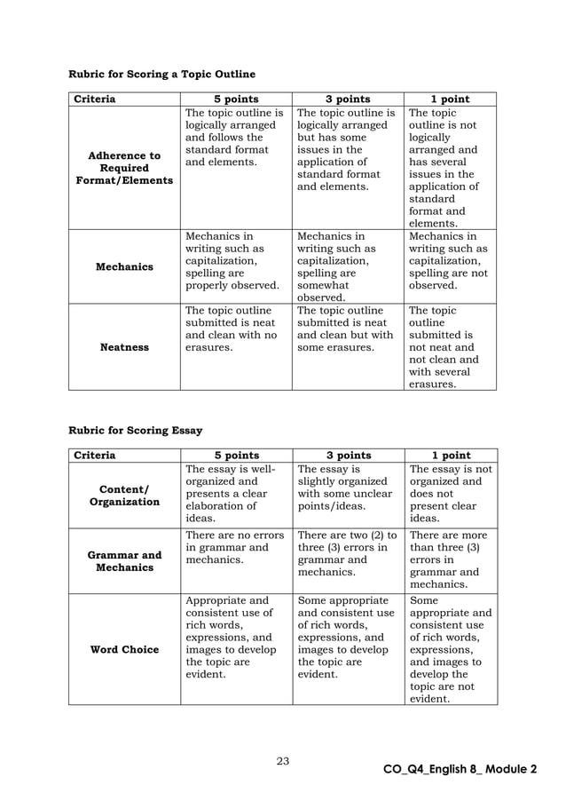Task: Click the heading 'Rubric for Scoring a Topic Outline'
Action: [x=161, y=74]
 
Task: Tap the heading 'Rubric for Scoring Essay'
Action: [x=136, y=431]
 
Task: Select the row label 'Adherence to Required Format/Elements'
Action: [x=124, y=168]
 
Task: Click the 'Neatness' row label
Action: [x=124, y=347]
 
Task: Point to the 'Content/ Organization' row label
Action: [x=124, y=495]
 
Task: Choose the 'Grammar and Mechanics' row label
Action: [x=124, y=561]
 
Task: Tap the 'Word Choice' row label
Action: [x=124, y=649]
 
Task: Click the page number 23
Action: [x=283, y=760]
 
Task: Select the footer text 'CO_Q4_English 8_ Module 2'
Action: [x=460, y=769]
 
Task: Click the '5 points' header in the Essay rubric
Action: [x=236, y=456]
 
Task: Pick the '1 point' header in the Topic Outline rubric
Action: [x=450, y=99]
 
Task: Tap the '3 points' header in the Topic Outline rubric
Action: [x=348, y=99]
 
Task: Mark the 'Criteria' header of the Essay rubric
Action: [x=94, y=456]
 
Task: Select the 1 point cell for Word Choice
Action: [x=451, y=649]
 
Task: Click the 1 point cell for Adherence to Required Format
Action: [x=450, y=168]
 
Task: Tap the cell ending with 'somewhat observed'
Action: [x=348, y=266]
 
